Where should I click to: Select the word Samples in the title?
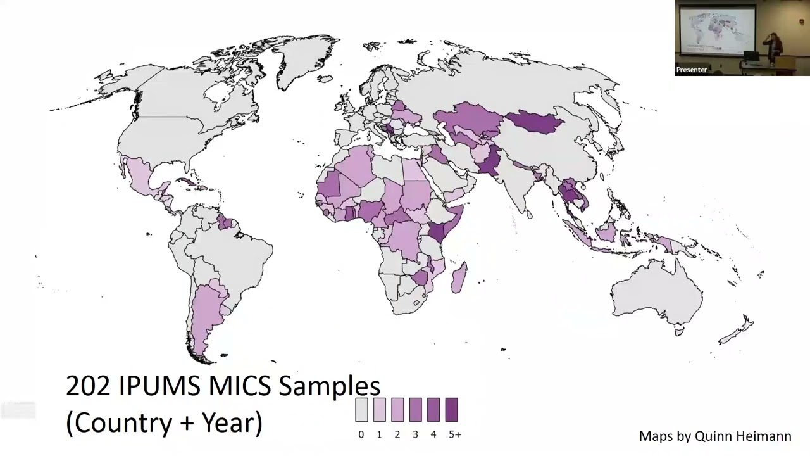(x=329, y=386)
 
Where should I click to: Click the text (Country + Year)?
(x=164, y=422)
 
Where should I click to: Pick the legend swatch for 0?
(x=361, y=410)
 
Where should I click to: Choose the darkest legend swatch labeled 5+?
(x=451, y=410)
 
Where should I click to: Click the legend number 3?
(x=415, y=434)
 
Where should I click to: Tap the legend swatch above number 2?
(x=397, y=410)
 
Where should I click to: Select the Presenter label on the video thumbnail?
(x=691, y=70)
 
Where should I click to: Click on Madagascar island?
(x=459, y=279)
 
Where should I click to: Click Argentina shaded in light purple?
(x=206, y=317)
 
